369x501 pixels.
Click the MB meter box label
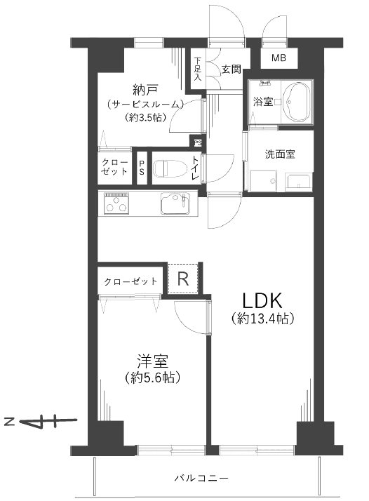tap(279, 58)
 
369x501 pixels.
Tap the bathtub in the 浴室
tap(297, 102)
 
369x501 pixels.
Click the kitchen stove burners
tap(116, 203)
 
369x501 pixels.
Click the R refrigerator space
tap(183, 279)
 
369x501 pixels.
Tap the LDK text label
tap(262, 300)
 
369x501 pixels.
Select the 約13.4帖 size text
tap(262, 319)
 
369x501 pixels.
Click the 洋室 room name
tap(152, 361)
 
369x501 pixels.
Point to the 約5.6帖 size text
tap(152, 378)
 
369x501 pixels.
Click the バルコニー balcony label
tap(201, 479)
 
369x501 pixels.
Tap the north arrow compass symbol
tap(41, 422)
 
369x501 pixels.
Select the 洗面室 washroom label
tap(280, 154)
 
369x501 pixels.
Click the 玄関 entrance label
tap(232, 69)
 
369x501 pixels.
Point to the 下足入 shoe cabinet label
tap(198, 68)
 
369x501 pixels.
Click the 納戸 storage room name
tap(145, 91)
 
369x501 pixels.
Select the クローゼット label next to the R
tap(130, 281)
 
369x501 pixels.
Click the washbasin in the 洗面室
tap(298, 182)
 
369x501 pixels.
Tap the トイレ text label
tap(195, 168)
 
